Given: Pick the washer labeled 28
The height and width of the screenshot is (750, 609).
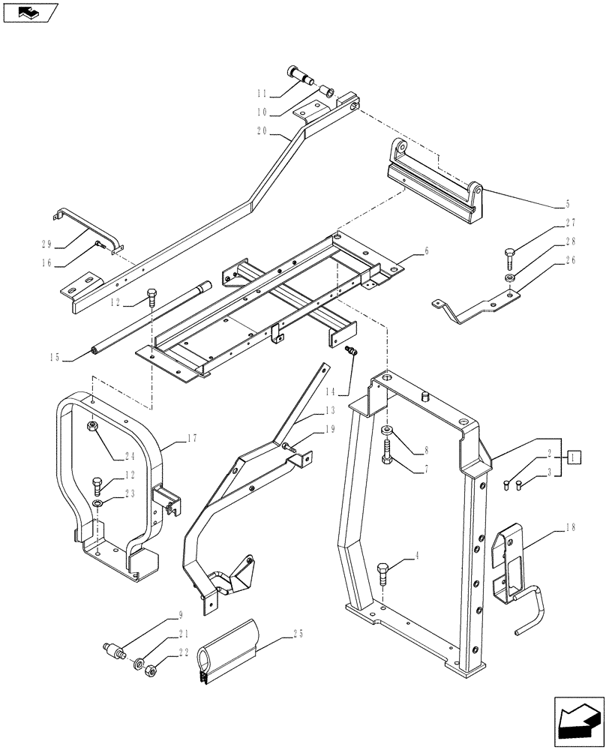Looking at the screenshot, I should point(509,279).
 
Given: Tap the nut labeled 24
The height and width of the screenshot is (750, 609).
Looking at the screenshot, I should point(91,428).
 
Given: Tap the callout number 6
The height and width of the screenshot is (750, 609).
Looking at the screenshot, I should point(426,252).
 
